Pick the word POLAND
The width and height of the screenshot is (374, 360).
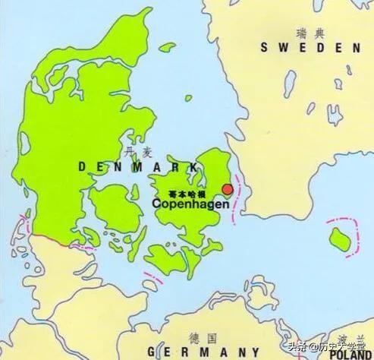tap(350, 354)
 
